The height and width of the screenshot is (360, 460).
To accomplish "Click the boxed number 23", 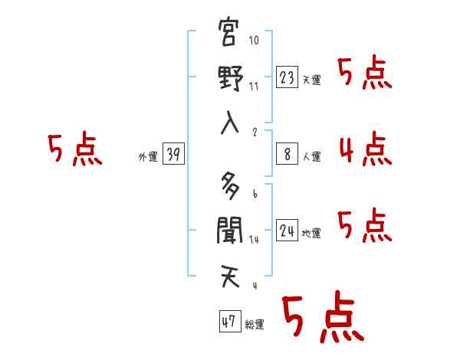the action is (x=287, y=77).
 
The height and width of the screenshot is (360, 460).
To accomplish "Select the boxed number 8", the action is (x=287, y=153).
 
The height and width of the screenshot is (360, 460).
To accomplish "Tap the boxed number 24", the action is (x=287, y=230).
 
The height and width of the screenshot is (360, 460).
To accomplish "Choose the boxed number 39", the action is (x=172, y=155).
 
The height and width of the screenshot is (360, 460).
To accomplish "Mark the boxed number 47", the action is (x=228, y=322).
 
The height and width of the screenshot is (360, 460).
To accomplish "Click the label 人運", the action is (x=312, y=157).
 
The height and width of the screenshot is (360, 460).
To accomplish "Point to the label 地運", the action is (x=312, y=234).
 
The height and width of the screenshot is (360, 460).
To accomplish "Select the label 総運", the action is (x=255, y=325).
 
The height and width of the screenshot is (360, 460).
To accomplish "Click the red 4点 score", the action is (x=365, y=149).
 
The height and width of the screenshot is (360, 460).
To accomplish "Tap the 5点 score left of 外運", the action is (x=74, y=149).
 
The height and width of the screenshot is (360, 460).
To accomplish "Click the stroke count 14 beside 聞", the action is (x=255, y=240).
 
